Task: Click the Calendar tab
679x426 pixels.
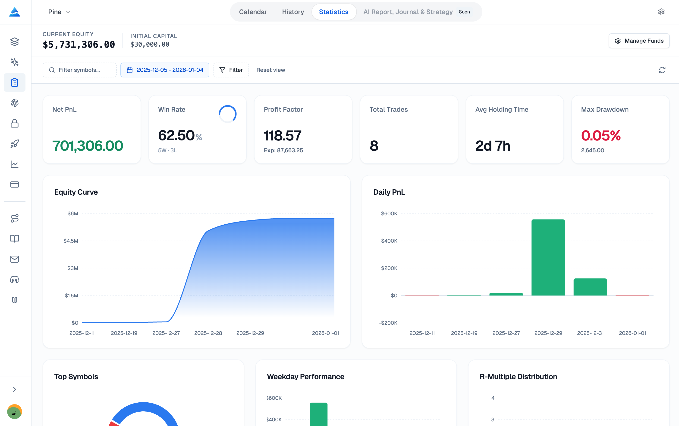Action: (x=253, y=12)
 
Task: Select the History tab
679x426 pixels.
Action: (x=293, y=12)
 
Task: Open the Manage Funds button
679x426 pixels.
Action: (x=639, y=41)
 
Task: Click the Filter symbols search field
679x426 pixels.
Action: (x=80, y=70)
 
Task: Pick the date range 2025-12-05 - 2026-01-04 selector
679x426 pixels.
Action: (x=165, y=70)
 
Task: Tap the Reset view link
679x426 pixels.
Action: (x=270, y=70)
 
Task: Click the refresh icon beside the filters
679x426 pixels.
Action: (x=662, y=70)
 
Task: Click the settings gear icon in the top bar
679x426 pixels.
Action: (x=661, y=12)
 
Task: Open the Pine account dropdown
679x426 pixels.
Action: (x=59, y=12)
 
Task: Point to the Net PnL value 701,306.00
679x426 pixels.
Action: (x=88, y=146)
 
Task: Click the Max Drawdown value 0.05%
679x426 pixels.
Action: (x=601, y=136)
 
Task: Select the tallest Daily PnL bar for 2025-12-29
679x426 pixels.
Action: (x=548, y=257)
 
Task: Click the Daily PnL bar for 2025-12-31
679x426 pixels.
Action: (x=590, y=287)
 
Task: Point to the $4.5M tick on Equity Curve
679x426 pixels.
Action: (x=71, y=241)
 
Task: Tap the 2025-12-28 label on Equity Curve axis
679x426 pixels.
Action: (x=208, y=333)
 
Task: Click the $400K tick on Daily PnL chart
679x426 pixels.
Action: (x=389, y=241)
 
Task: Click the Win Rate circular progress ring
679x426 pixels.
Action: (x=227, y=114)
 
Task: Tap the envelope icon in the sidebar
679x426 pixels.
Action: (x=14, y=259)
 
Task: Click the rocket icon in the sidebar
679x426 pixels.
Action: (x=14, y=144)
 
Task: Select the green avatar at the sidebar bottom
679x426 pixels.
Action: (x=14, y=412)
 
